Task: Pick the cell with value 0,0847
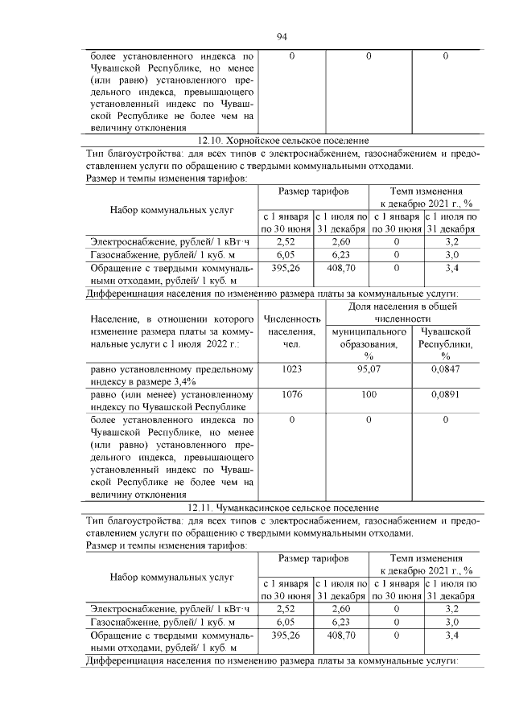[x=445, y=370]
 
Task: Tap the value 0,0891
[x=445, y=395]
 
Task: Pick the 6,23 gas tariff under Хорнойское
[x=340, y=253]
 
